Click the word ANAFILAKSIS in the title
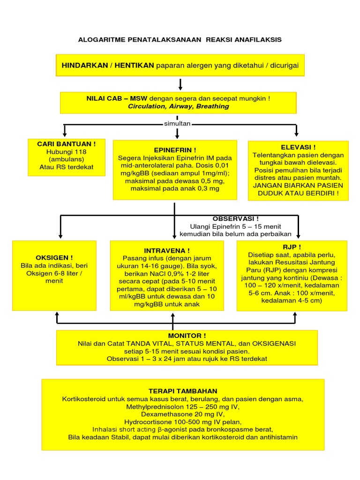[259, 40]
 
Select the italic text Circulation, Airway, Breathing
[179, 106]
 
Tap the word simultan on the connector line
[177, 123]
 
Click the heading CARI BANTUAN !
[66, 144]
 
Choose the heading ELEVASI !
[298, 147]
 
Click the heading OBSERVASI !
[235, 219]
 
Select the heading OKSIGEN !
[54, 257]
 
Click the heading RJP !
[292, 247]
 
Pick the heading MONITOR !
[187, 336]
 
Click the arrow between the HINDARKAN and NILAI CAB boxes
[180, 84]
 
